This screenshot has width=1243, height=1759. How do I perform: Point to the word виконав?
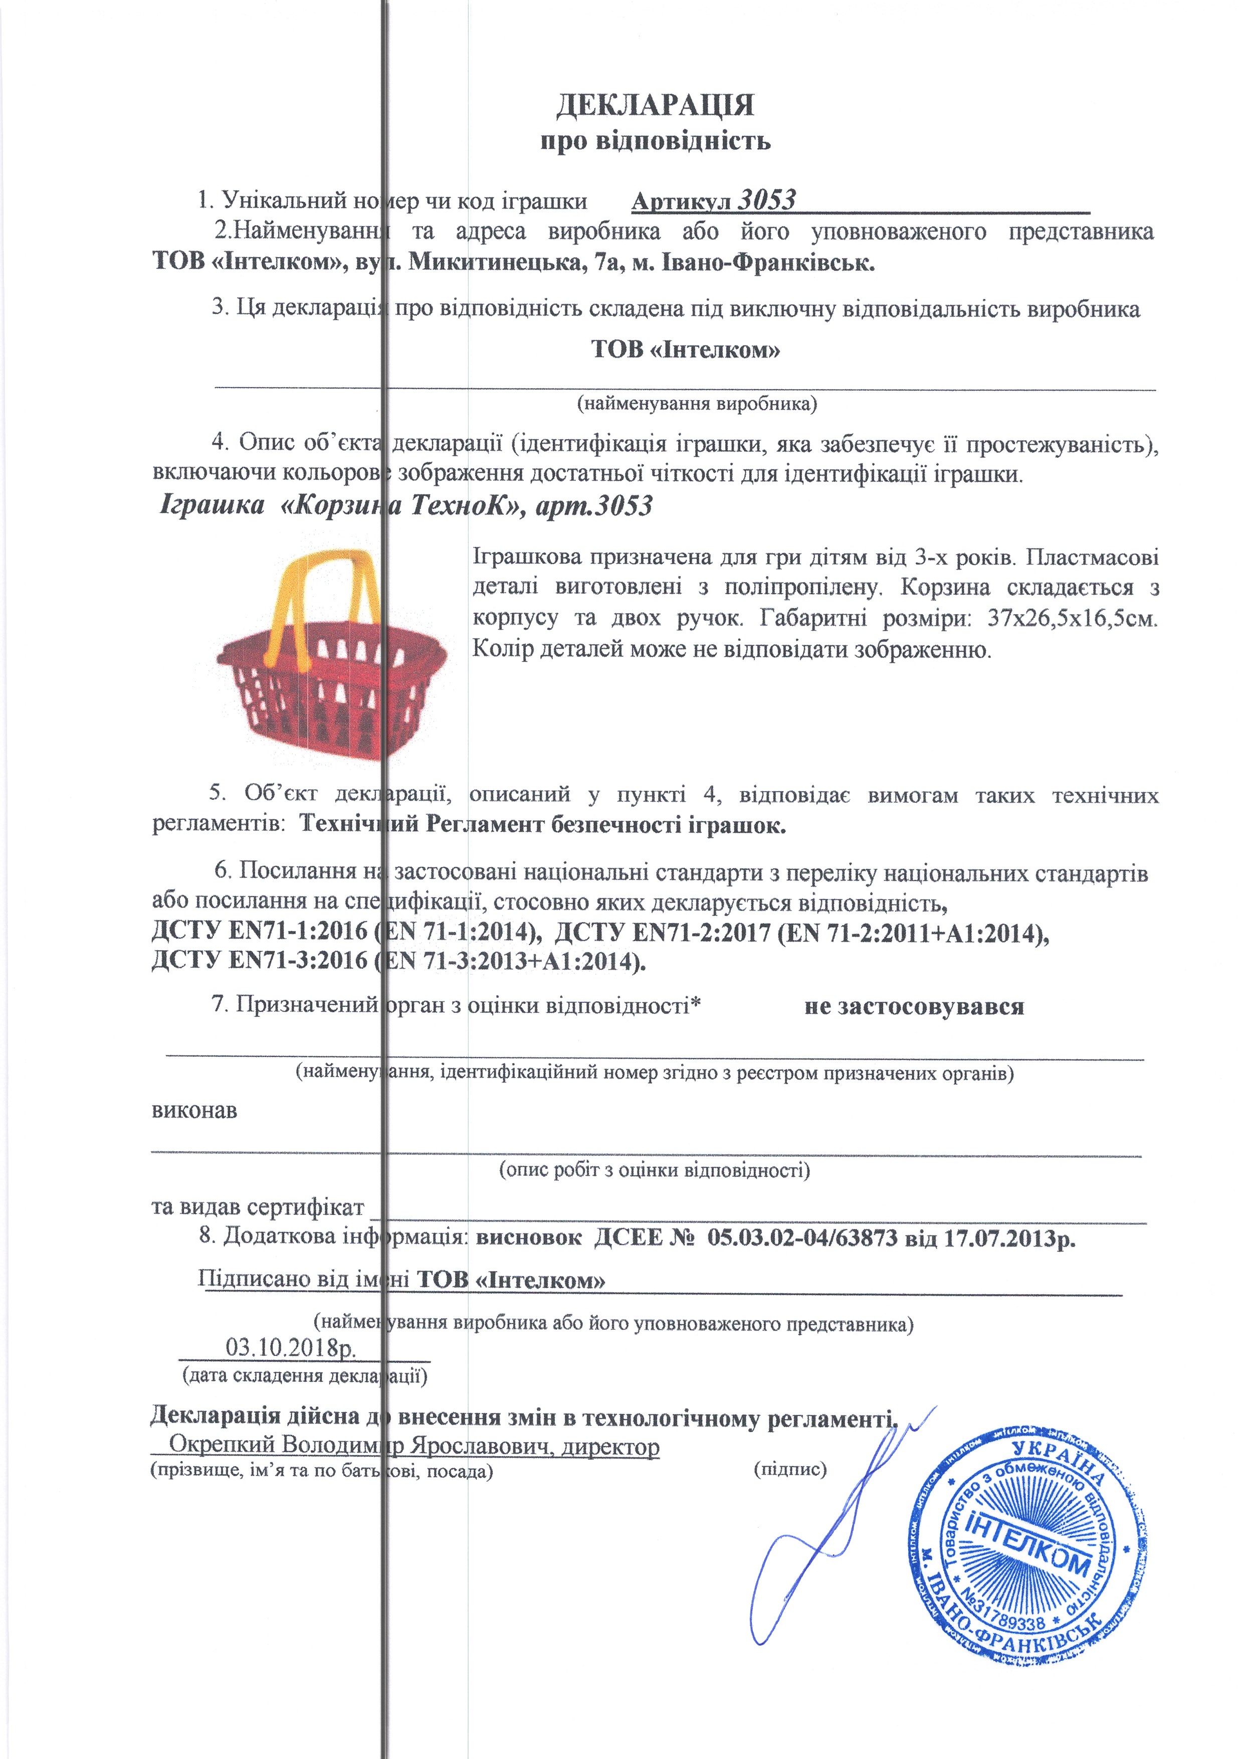pyautogui.click(x=194, y=1110)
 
